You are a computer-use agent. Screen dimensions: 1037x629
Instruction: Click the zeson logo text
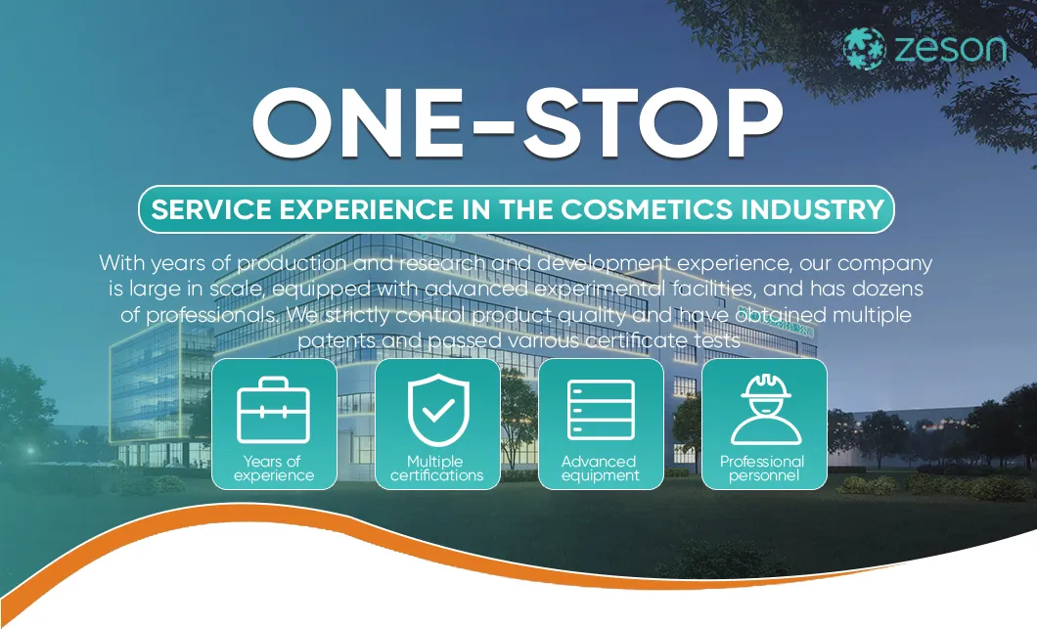click(x=950, y=48)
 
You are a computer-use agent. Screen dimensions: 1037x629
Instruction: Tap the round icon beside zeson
click(x=865, y=48)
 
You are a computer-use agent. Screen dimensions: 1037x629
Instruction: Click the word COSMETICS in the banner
click(x=647, y=209)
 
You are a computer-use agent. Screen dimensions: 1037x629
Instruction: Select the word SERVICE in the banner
click(x=211, y=209)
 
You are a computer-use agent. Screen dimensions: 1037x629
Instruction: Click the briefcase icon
click(x=273, y=410)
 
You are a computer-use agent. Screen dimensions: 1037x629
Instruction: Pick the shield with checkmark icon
click(x=438, y=410)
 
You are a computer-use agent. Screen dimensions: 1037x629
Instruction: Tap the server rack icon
click(x=601, y=410)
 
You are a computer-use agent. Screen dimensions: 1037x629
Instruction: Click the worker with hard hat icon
click(x=765, y=409)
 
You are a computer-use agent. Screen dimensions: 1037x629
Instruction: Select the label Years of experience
click(x=273, y=469)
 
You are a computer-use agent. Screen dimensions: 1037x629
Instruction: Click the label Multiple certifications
click(x=436, y=469)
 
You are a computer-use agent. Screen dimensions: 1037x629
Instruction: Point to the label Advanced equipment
click(x=600, y=469)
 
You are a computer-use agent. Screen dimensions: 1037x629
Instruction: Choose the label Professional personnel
click(x=762, y=469)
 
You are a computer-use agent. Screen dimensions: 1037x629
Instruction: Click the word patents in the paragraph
click(x=336, y=341)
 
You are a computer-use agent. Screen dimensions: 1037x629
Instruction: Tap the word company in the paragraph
click(x=885, y=264)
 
